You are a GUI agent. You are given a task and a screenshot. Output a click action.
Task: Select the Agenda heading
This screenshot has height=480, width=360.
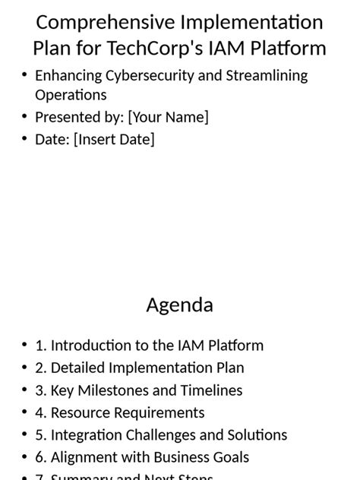[179, 305]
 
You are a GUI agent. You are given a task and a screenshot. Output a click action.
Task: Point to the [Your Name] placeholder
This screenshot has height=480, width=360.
[168, 117]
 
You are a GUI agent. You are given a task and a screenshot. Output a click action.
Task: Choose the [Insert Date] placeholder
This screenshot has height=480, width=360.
[114, 140]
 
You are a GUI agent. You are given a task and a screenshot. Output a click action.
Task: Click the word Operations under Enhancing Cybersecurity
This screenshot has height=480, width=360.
[71, 95]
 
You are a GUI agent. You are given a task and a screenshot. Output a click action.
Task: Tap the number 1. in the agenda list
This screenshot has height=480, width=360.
[41, 346]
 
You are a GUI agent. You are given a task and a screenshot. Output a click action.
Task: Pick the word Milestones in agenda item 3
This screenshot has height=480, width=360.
[112, 390]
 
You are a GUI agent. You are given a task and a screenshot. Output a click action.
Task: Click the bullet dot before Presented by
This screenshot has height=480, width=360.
[25, 117]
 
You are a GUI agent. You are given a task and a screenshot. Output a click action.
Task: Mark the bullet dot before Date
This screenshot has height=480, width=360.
[25, 140]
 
